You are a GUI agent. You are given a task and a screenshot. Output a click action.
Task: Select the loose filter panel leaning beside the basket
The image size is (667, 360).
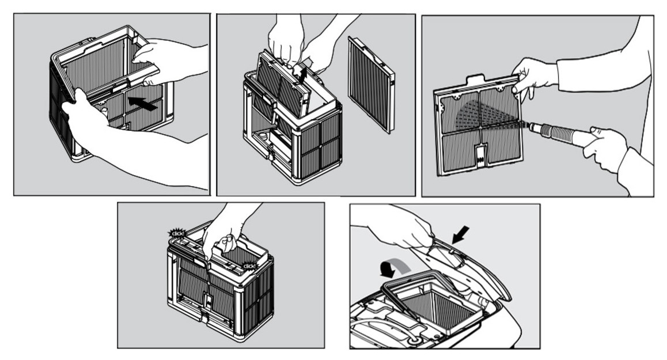[x=372, y=84]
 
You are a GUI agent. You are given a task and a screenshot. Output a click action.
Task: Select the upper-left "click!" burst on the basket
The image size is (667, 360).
[x=176, y=233]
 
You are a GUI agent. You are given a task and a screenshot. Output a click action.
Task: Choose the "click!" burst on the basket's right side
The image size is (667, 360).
[x=250, y=266]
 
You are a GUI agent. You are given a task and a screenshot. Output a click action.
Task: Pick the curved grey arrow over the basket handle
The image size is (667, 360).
[x=395, y=266]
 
